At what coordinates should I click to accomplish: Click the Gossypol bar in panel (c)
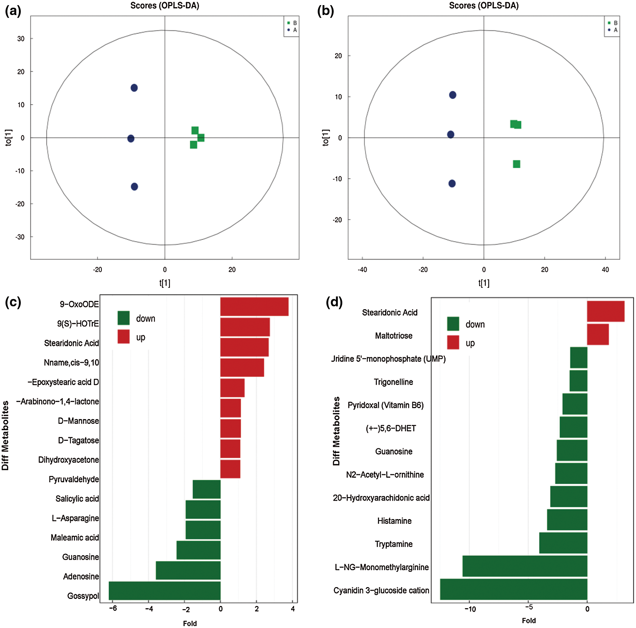(164, 590)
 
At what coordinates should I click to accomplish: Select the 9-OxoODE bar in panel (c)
(254, 306)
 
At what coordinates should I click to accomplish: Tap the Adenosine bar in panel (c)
(188, 570)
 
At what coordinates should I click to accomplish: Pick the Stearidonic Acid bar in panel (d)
(605, 311)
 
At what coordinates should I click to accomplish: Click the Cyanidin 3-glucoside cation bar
(513, 589)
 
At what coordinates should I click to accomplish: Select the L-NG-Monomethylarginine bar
(524, 566)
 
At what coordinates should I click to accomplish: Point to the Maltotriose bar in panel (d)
(597, 334)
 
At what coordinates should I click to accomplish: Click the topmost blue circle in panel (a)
(134, 88)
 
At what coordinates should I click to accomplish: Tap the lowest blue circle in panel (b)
(452, 183)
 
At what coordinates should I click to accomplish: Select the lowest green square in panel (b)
(516, 164)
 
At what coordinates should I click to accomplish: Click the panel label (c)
(13, 302)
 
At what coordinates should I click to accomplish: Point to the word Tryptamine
(393, 544)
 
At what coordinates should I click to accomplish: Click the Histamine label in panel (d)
(394, 521)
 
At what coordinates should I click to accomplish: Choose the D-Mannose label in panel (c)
(78, 421)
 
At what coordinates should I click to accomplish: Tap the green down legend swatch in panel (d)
(453, 324)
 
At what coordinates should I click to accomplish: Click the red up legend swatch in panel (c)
(123, 337)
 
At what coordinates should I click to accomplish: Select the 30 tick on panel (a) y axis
(21, 39)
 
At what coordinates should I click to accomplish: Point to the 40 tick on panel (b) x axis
(605, 269)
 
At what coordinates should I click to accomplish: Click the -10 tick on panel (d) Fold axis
(470, 609)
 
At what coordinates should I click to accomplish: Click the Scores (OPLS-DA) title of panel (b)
(483, 6)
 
